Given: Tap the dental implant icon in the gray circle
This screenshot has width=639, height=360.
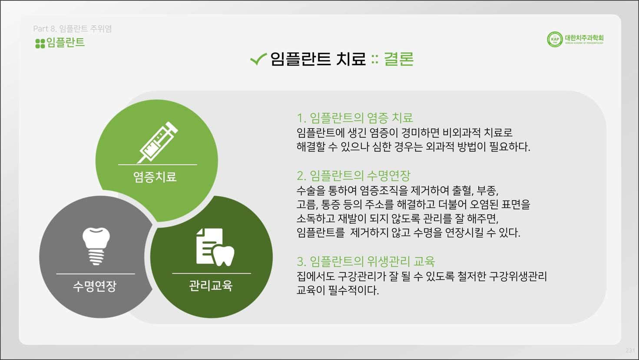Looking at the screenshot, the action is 96,246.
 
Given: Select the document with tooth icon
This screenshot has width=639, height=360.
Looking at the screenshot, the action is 215,247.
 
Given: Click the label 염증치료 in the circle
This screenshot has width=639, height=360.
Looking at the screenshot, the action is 155,177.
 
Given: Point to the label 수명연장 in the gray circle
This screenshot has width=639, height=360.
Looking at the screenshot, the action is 95,286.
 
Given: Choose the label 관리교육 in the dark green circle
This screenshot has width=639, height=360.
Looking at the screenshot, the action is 211,286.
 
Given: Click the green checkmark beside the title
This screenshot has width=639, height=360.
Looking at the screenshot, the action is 258,59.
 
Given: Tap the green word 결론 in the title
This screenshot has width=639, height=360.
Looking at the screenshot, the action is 399,59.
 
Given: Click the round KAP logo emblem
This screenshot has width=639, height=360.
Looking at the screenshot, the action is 555,40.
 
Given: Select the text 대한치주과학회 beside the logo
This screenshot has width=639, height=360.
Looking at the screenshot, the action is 584,38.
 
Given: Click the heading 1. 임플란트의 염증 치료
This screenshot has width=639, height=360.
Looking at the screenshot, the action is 354,118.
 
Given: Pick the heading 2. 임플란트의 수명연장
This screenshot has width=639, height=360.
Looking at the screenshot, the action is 354,175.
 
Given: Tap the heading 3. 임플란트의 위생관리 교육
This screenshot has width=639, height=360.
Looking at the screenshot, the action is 366,261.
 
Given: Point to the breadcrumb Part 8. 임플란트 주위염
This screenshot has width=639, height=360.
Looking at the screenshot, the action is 73,29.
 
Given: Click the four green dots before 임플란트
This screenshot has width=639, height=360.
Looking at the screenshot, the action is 40,44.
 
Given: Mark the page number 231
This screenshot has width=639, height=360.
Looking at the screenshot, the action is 630,350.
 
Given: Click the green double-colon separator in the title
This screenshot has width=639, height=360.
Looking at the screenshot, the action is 375,59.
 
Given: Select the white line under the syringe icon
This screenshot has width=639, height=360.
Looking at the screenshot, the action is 157,165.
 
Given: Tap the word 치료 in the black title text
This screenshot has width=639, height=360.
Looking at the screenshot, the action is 351,59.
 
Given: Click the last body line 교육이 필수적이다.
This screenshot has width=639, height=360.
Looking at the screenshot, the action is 338,291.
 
